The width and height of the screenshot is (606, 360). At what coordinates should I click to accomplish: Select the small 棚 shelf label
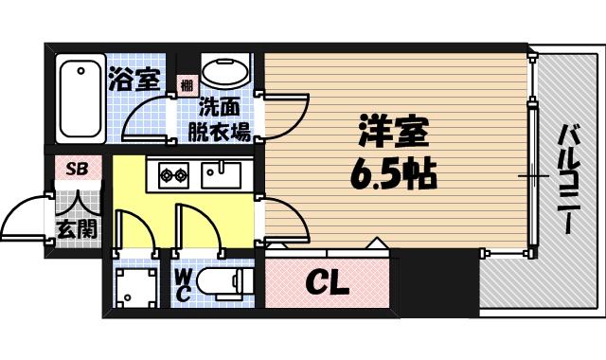click(x=186, y=86)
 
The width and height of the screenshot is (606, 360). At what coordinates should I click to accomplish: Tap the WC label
click(x=186, y=283)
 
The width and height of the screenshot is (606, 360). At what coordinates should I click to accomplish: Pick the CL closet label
click(x=327, y=282)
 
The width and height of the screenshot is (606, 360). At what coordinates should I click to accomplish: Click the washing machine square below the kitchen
click(x=135, y=283)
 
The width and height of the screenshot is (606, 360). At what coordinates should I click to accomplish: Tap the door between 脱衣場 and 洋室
click(x=287, y=118)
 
